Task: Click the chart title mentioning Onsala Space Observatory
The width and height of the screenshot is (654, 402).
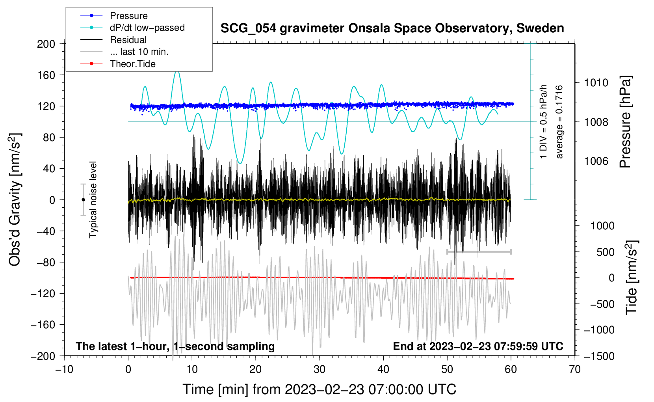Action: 392,28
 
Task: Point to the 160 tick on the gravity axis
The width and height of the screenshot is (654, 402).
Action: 46,75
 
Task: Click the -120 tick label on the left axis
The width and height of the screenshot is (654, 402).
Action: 43,293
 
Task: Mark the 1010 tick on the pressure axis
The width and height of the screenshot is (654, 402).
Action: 596,83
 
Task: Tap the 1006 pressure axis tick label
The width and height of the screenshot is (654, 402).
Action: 596,161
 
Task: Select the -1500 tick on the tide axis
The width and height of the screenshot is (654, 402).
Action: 599,356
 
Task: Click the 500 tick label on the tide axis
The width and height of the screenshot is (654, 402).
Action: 605,252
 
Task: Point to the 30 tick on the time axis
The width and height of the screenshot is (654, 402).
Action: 320,370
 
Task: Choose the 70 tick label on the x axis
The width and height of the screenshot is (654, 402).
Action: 574,370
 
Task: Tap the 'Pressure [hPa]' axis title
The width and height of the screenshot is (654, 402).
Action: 625,122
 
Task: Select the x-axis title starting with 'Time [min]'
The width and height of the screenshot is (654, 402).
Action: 320,390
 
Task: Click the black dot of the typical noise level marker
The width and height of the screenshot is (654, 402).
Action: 84,200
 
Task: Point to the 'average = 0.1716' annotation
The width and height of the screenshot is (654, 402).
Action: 559,122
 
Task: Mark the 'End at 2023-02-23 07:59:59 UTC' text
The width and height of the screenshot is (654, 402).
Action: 478,346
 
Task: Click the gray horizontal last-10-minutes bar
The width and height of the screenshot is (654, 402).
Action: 479,251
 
